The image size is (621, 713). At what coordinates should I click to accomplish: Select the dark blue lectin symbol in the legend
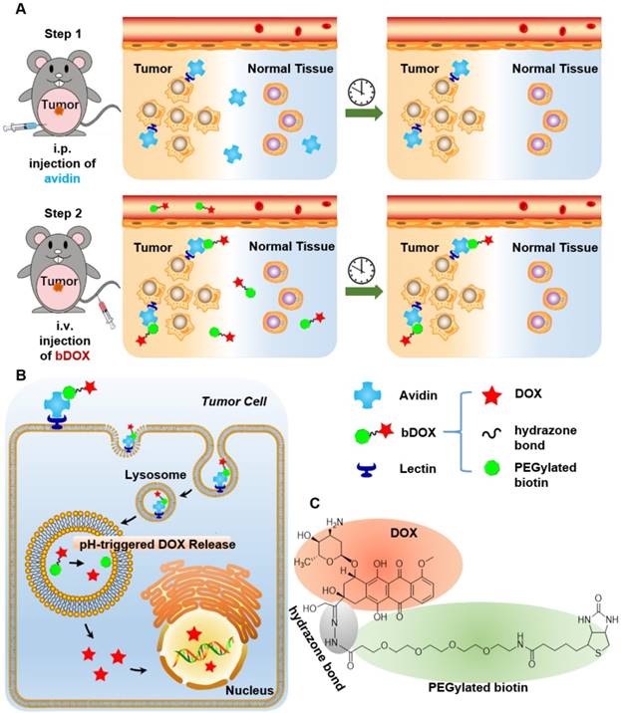[363, 471]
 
